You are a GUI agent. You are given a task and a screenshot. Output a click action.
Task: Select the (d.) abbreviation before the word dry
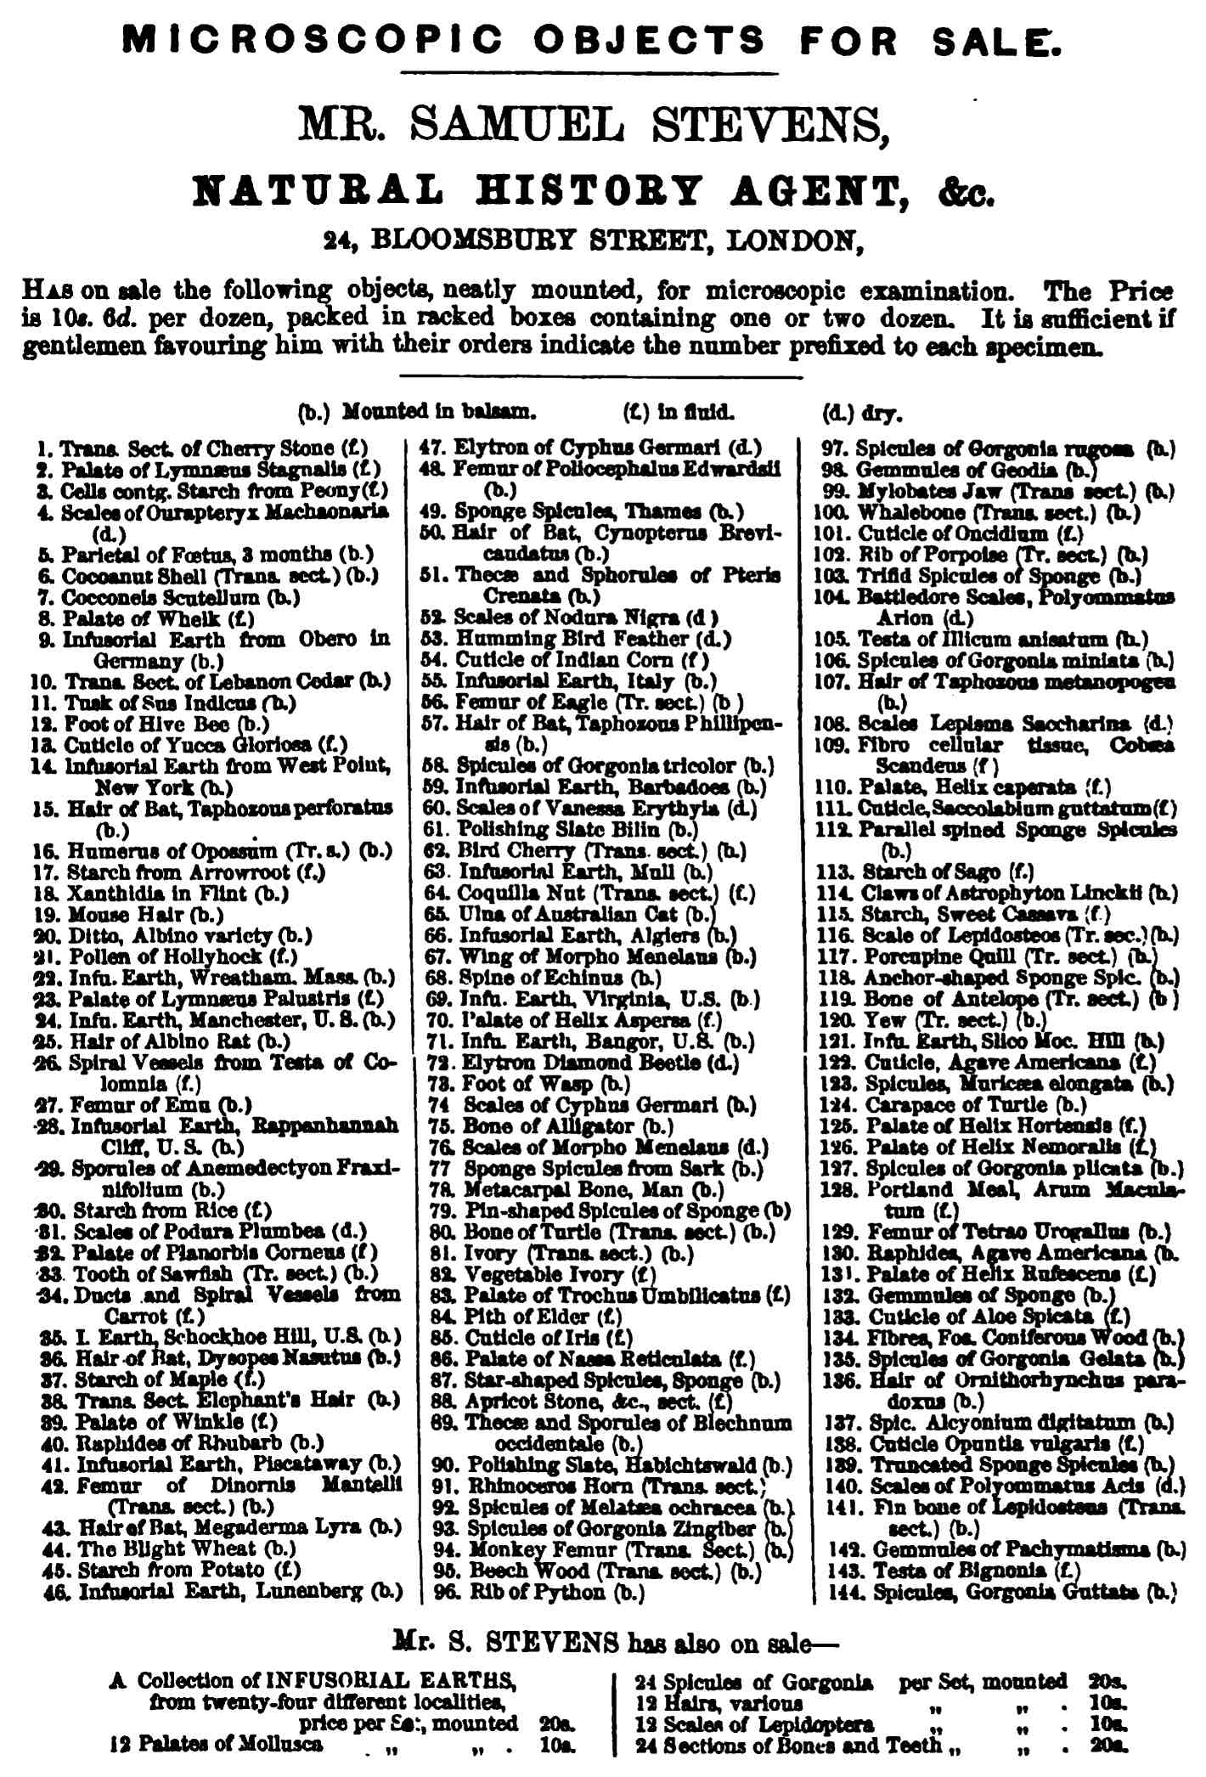[837, 414]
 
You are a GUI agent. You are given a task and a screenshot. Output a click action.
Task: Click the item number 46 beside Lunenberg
[56, 1591]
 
